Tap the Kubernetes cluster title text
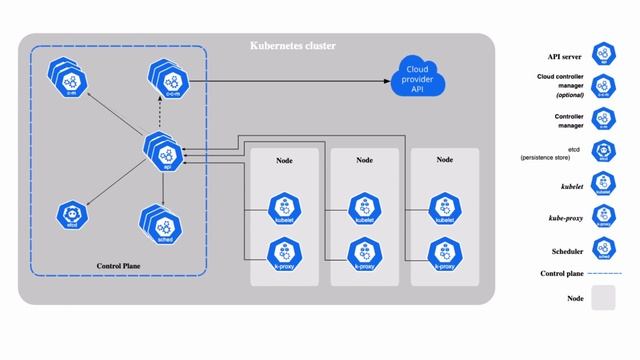click(x=292, y=46)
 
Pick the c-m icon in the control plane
click(x=71, y=77)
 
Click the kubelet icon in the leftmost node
click(x=283, y=208)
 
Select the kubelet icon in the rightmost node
click(x=444, y=208)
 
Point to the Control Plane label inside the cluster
click(x=122, y=266)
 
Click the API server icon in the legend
click(x=603, y=53)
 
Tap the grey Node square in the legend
click(x=603, y=298)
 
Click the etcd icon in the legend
click(x=603, y=151)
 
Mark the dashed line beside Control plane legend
click(x=603, y=273)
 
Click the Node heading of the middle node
click(x=364, y=159)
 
